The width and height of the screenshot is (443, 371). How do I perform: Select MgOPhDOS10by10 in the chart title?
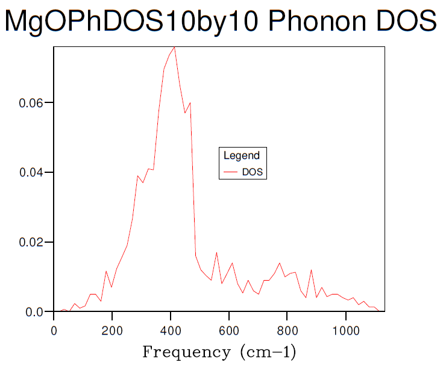133,22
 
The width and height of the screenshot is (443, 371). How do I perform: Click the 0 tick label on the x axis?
54,330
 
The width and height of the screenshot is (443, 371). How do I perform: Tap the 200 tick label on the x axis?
112,330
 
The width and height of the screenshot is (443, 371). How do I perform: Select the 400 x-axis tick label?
171,330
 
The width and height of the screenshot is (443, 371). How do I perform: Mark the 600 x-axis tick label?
229,330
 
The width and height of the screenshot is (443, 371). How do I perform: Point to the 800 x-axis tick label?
287,330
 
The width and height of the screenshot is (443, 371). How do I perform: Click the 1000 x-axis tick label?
346,330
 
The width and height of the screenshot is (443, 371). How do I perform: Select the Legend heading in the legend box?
242,155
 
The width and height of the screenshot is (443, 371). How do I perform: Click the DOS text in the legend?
253,172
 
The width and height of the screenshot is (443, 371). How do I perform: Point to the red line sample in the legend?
231,172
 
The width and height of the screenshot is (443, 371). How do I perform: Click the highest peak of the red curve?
174,47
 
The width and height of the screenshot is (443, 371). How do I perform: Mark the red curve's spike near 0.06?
190,103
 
